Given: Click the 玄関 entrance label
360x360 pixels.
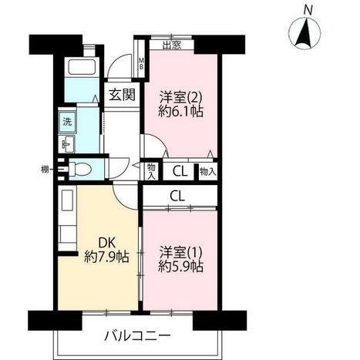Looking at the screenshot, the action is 122,95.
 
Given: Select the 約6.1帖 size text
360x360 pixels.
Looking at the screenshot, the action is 181,112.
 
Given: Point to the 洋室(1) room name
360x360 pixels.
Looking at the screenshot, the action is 181,252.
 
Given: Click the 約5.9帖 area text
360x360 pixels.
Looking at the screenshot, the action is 181,267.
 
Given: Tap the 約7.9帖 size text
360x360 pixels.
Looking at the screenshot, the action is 107,257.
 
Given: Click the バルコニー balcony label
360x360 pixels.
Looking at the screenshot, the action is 137,335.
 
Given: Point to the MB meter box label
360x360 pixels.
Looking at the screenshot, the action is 141,63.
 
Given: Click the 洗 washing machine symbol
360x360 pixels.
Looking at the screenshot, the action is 67,122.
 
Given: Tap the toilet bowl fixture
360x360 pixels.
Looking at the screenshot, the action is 80,169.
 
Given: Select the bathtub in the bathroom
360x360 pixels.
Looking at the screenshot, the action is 82,67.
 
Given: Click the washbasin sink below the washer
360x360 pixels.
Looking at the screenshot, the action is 67,144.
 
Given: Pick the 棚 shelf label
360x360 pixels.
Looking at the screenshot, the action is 45,170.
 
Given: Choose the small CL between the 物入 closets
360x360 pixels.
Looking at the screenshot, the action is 180,172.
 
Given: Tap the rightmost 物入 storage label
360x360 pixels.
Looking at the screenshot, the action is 208,172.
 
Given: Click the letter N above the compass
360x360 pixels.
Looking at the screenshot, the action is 308,11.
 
